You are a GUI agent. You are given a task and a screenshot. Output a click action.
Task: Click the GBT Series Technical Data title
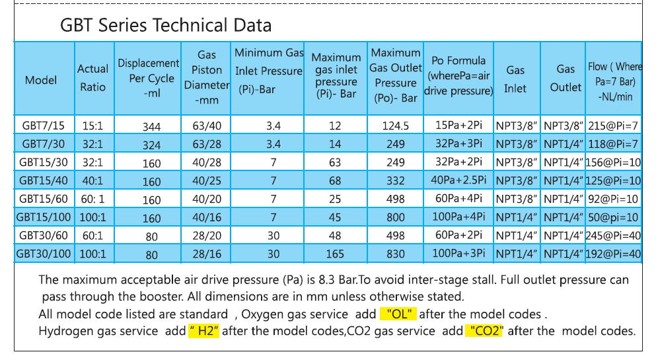[x=165, y=26]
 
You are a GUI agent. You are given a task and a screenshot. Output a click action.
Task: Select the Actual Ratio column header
[x=93, y=78]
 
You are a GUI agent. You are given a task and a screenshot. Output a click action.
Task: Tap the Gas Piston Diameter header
[x=207, y=78]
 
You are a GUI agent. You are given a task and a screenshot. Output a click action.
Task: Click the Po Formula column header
[x=458, y=75]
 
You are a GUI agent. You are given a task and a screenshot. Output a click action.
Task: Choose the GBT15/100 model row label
[x=44, y=217]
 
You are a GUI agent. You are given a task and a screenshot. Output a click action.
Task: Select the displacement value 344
[x=151, y=126]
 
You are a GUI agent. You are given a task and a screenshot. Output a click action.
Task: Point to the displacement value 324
[x=151, y=144]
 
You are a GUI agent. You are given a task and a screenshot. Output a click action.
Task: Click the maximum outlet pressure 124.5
[x=395, y=125]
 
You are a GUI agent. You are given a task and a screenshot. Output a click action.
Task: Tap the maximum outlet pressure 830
[x=395, y=254]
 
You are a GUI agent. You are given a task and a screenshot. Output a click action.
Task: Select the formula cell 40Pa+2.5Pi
[x=458, y=180]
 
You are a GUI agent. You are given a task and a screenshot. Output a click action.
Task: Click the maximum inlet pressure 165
[x=336, y=254]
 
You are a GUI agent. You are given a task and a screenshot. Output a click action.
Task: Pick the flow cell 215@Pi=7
[x=613, y=125]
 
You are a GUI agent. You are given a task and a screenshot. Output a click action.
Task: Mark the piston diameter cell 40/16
[x=207, y=217]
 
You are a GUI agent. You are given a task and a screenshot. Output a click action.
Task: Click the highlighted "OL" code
[x=398, y=314]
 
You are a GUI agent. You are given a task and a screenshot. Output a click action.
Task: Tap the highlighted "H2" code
[x=203, y=331]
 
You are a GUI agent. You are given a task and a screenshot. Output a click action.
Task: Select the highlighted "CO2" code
[x=484, y=331]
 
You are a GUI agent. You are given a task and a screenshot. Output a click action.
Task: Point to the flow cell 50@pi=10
[x=613, y=217]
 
